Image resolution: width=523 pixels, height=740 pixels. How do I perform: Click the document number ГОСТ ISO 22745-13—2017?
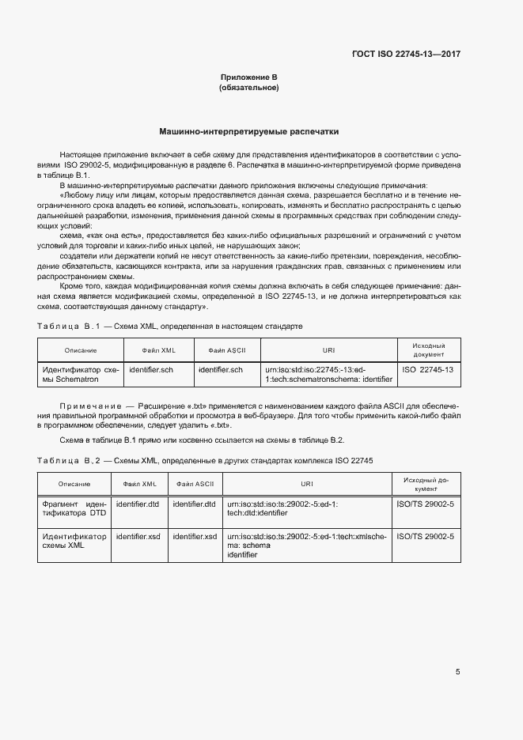[x=406, y=54]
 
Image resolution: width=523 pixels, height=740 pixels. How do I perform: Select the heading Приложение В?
[x=248, y=77]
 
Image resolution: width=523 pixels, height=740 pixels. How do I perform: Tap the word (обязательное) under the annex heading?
[x=248, y=87]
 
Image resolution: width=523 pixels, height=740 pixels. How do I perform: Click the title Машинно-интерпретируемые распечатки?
[x=248, y=131]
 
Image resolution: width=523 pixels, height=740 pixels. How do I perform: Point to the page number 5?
[x=457, y=672]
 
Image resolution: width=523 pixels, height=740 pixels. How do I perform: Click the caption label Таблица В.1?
[x=66, y=326]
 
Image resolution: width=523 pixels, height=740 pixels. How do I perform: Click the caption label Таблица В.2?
[x=66, y=460]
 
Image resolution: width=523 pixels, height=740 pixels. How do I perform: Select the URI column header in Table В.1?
[x=328, y=349]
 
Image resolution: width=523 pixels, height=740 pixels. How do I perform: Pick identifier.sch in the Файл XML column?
[x=150, y=369]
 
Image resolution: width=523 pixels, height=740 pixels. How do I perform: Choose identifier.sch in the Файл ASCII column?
[x=221, y=369]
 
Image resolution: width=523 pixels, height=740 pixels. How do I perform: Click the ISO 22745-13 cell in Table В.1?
[x=428, y=369]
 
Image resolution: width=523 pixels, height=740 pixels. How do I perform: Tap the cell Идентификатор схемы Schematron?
[x=80, y=374]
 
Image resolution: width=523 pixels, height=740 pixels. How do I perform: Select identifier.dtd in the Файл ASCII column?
[x=194, y=504]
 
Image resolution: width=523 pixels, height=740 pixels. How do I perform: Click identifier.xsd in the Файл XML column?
[x=138, y=536]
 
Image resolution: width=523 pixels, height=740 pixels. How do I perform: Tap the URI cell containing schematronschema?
[x=328, y=374]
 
